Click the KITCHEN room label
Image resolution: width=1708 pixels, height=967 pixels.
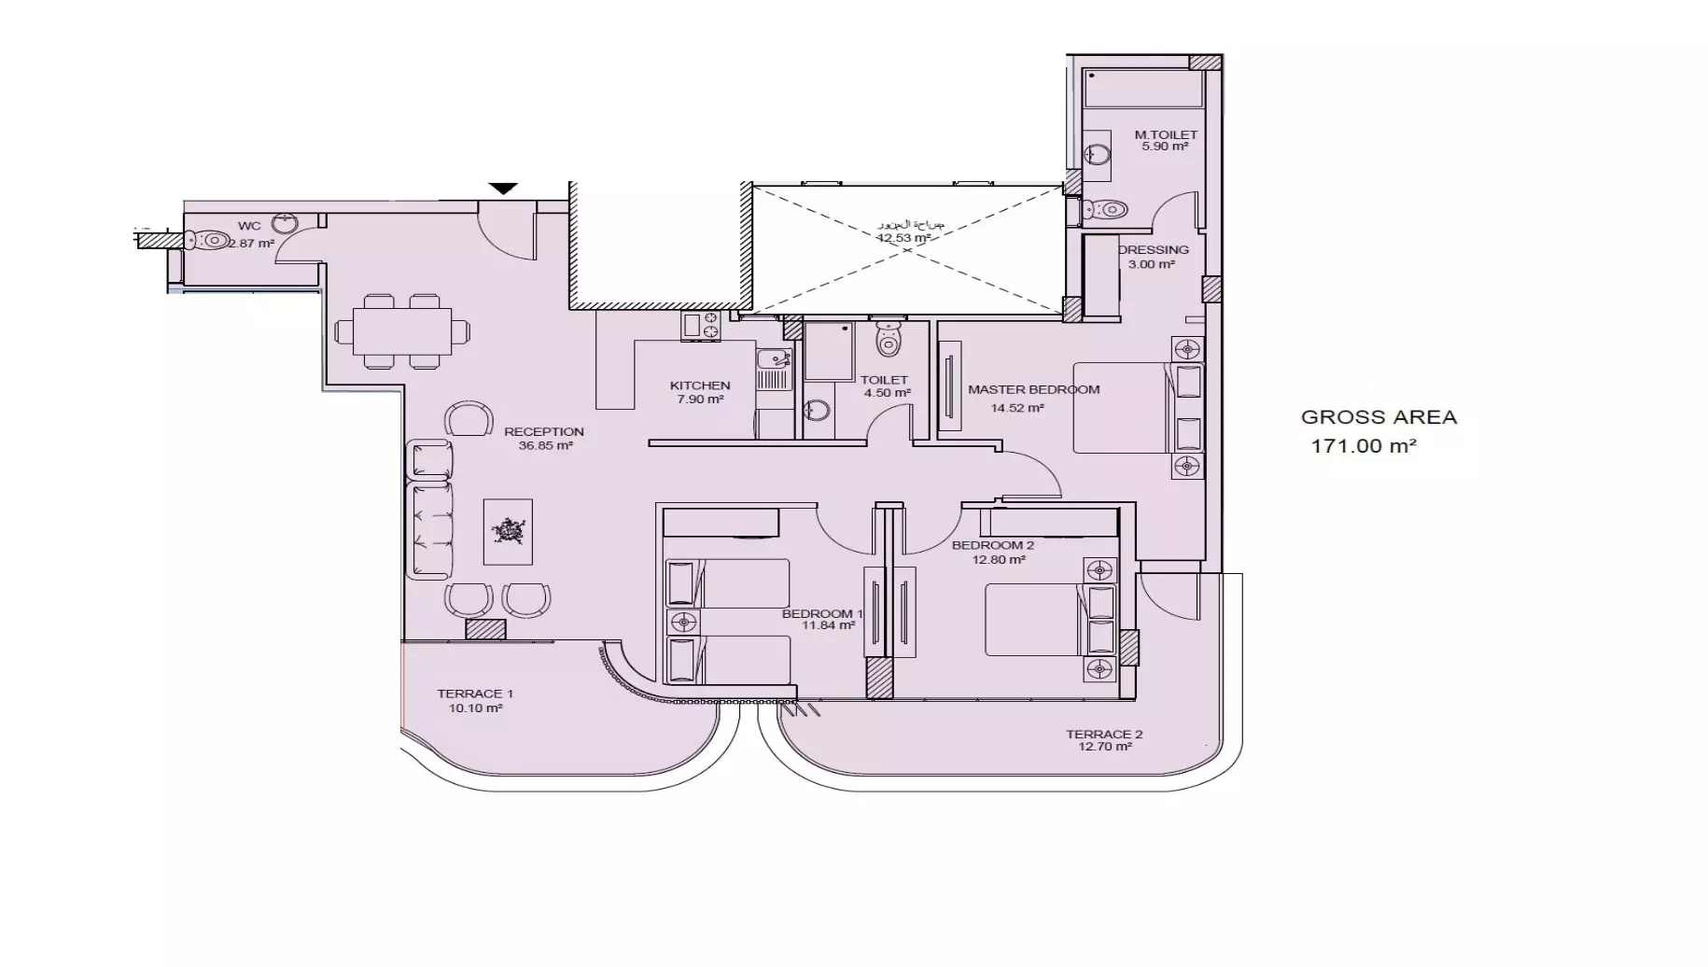(699, 385)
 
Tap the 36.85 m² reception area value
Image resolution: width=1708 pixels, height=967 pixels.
(545, 446)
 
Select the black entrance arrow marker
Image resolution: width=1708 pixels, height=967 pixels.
(503, 189)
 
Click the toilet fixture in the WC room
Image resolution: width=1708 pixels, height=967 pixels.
(207, 241)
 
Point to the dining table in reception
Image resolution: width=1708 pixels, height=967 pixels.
(402, 331)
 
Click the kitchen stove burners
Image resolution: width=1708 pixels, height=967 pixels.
(701, 326)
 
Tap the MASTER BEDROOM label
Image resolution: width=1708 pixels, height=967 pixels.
(1033, 390)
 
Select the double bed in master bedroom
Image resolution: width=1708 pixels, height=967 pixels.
(1125, 408)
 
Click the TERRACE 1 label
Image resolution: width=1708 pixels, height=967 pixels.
(475, 694)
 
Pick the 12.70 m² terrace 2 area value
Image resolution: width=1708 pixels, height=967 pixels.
(1104, 747)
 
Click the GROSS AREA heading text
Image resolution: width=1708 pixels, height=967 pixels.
(1379, 417)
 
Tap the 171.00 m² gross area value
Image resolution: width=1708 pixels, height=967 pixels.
(1364, 446)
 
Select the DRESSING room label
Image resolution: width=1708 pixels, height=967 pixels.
(1154, 250)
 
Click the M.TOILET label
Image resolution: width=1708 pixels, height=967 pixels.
(1165, 134)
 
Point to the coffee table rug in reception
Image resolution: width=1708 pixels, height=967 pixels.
(508, 531)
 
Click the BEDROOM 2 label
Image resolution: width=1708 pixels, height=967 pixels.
(992, 545)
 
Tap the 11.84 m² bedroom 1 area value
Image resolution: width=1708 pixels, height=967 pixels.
(828, 626)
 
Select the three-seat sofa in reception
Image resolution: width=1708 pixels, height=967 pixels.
(430, 529)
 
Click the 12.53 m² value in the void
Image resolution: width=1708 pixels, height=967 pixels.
(903, 238)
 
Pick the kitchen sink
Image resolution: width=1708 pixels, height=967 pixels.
(772, 359)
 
